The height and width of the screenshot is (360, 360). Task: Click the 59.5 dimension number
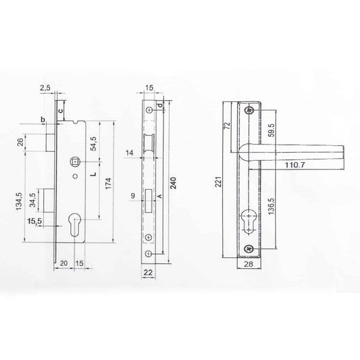272,130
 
